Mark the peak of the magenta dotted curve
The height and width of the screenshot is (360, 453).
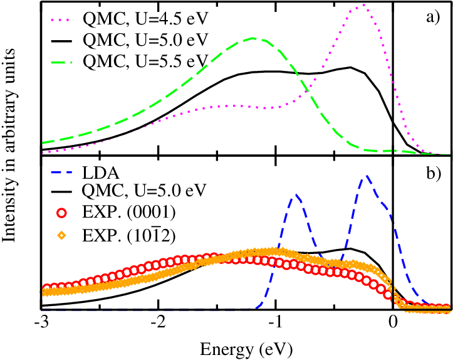[x=362, y=6]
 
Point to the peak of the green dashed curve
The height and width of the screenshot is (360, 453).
[x=253, y=38]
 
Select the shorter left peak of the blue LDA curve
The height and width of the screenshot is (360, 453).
[x=296, y=196]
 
